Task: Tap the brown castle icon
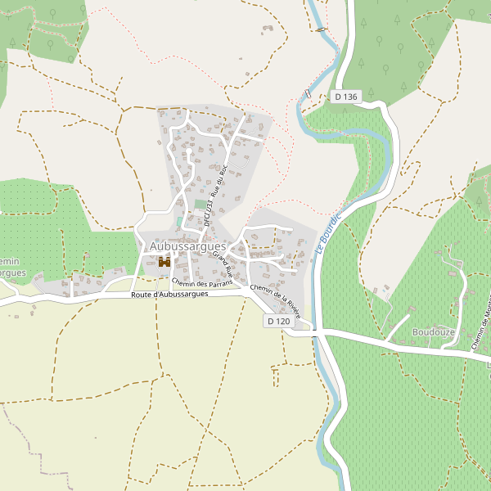(164, 262)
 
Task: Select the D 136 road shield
(346, 97)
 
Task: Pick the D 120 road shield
(278, 322)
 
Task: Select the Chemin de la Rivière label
(276, 300)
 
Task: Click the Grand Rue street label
(223, 264)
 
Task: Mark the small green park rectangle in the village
(200, 204)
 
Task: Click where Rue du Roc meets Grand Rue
(211, 237)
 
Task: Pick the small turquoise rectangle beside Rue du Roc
(179, 222)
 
